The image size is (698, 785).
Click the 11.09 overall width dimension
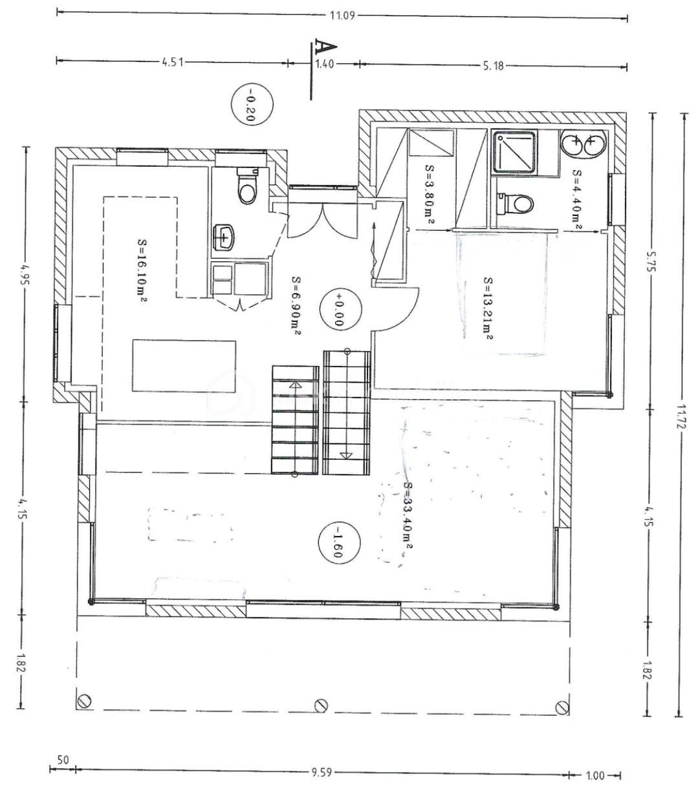(342, 16)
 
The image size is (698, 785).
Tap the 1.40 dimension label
(324, 64)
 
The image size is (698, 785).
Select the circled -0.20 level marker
(252, 105)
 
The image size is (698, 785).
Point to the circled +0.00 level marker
(340, 310)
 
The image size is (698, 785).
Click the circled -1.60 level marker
(338, 542)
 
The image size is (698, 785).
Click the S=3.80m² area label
(430, 194)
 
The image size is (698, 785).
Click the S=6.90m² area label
(296, 306)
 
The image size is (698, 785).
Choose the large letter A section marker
(325, 47)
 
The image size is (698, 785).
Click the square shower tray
(514, 151)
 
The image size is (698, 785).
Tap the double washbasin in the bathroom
(583, 144)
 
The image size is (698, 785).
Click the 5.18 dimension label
(494, 66)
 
